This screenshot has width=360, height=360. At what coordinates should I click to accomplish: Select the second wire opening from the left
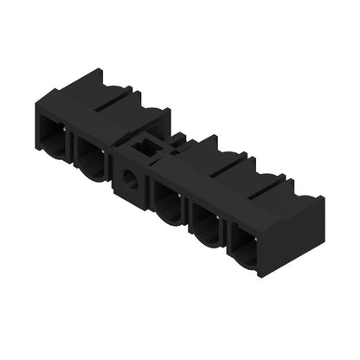click(x=92, y=157)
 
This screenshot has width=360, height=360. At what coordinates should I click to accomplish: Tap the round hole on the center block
click(x=131, y=180)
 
